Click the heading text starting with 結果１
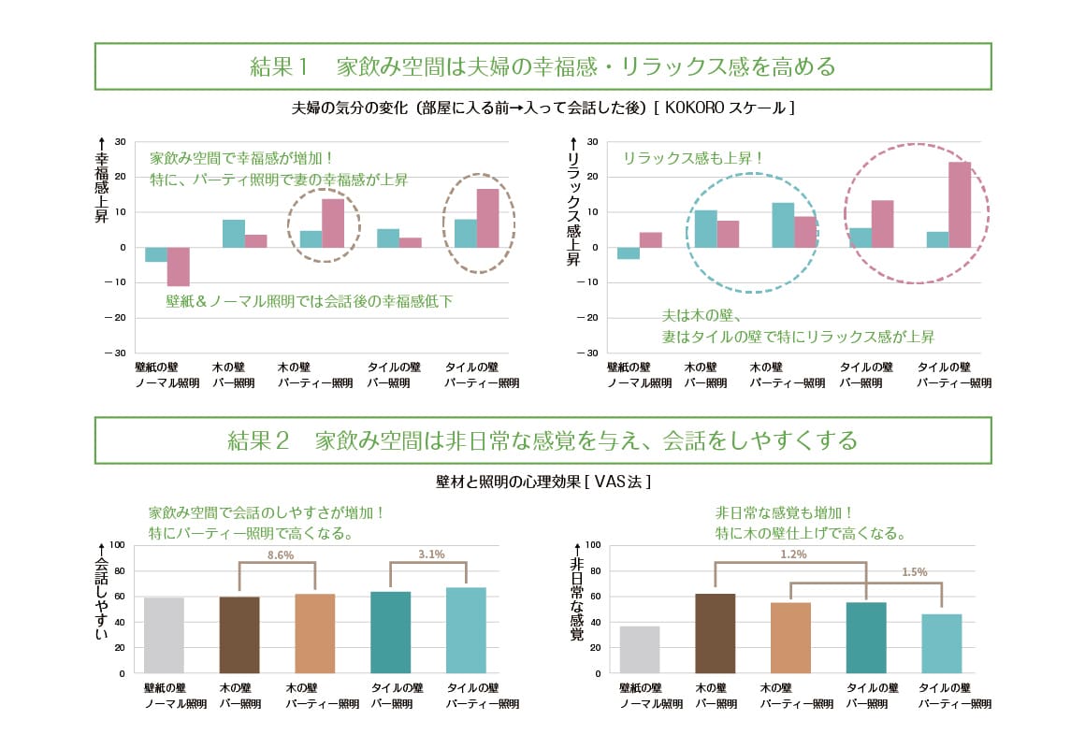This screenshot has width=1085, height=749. point(542,66)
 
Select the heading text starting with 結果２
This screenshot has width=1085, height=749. point(542,439)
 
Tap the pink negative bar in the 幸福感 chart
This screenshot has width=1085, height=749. point(179,266)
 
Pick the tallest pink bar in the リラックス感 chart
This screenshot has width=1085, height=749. point(960,205)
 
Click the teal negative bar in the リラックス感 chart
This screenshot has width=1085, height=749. point(629,252)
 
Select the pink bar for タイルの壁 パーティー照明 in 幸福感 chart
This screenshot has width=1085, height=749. point(487,218)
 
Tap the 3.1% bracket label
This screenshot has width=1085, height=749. point(430,555)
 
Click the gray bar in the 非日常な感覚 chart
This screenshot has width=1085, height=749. point(639,649)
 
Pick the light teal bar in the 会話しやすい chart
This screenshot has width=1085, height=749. point(466,629)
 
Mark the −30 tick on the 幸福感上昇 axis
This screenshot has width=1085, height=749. point(121,353)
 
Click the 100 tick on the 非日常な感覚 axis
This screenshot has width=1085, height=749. point(591,545)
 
